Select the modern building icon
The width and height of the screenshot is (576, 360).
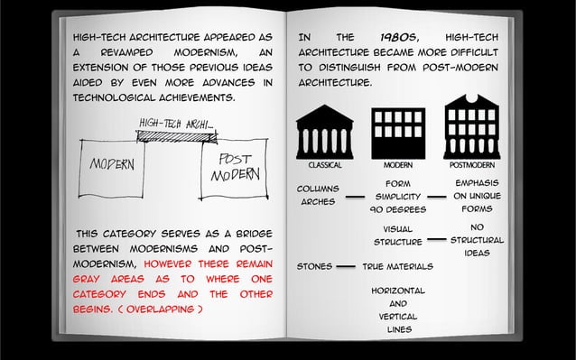coord(398,132)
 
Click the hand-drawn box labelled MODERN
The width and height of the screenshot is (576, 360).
coord(112,168)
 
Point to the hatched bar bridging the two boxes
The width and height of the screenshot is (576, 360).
coord(176,136)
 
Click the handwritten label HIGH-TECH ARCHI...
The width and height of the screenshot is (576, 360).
coord(177,123)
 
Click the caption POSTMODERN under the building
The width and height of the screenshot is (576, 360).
coord(471,166)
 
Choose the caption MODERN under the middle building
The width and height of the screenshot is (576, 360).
coord(398,166)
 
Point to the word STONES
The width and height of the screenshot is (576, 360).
coord(312,267)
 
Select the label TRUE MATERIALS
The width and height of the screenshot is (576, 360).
coord(397,267)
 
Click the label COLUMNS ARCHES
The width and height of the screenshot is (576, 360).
coord(318,195)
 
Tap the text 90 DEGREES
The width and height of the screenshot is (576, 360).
coord(397,209)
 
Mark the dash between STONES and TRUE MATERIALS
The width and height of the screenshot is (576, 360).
coord(344,267)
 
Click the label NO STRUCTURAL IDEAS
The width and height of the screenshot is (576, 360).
coord(478,239)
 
